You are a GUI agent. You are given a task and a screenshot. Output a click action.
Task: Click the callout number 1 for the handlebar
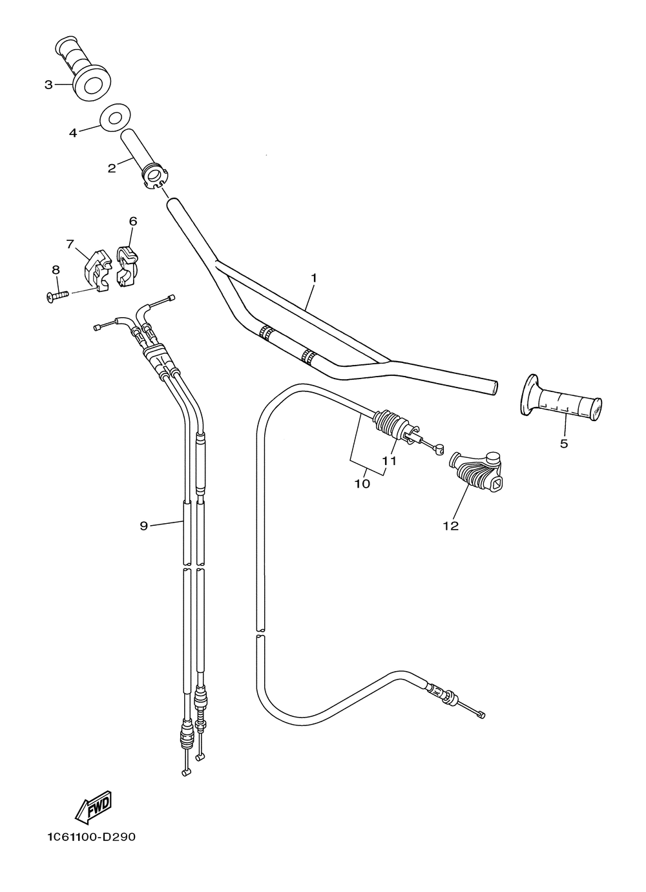pyautogui.click(x=314, y=278)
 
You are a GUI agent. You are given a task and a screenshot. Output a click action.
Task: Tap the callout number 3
pyautogui.click(x=48, y=85)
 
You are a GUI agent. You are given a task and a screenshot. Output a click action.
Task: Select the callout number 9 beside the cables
pyautogui.click(x=143, y=526)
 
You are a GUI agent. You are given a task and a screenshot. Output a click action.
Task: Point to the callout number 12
pyautogui.click(x=450, y=526)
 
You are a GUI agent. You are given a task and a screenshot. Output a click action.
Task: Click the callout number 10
pyautogui.click(x=362, y=483)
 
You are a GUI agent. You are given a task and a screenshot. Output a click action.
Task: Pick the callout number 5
pyautogui.click(x=564, y=443)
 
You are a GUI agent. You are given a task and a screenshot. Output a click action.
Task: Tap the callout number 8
pyautogui.click(x=56, y=270)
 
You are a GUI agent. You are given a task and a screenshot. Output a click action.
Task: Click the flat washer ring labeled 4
pyautogui.click(x=114, y=118)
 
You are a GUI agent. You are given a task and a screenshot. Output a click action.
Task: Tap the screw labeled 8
pyautogui.click(x=57, y=296)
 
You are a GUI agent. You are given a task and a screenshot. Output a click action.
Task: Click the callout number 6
pyautogui.click(x=133, y=221)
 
